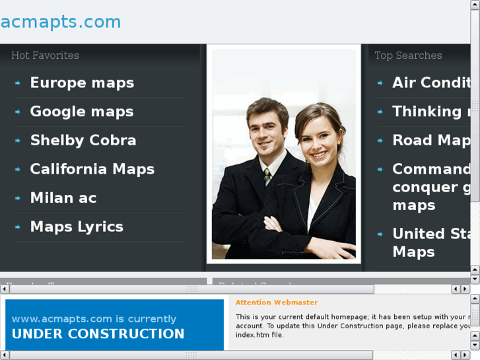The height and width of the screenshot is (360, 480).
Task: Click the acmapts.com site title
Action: pyautogui.click(x=61, y=22)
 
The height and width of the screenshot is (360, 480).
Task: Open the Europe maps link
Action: pyautogui.click(x=82, y=83)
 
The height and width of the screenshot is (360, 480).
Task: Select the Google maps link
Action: pyautogui.click(x=82, y=112)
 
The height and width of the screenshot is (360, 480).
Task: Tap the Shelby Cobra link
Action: pyautogui.click(x=83, y=140)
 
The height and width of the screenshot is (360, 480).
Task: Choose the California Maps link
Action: pyautogui.click(x=92, y=169)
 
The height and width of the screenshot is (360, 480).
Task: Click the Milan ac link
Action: pyautogui.click(x=63, y=198)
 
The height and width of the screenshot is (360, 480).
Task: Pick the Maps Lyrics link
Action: pyautogui.click(x=77, y=227)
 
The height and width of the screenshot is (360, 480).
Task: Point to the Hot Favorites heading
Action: pyautogui.click(x=45, y=55)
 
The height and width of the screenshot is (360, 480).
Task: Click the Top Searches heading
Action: pyautogui.click(x=408, y=55)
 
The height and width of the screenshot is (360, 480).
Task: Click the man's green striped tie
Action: pyautogui.click(x=267, y=176)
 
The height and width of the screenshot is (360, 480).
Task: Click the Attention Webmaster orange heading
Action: pyautogui.click(x=276, y=303)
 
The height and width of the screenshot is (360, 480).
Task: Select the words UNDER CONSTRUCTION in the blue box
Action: pyautogui.click(x=98, y=334)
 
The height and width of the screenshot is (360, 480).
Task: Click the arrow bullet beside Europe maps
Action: pyautogui.click(x=18, y=83)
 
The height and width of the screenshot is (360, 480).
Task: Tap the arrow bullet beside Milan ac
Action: pyautogui.click(x=18, y=198)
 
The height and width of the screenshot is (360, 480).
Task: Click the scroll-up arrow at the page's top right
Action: pyautogui.click(x=475, y=5)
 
